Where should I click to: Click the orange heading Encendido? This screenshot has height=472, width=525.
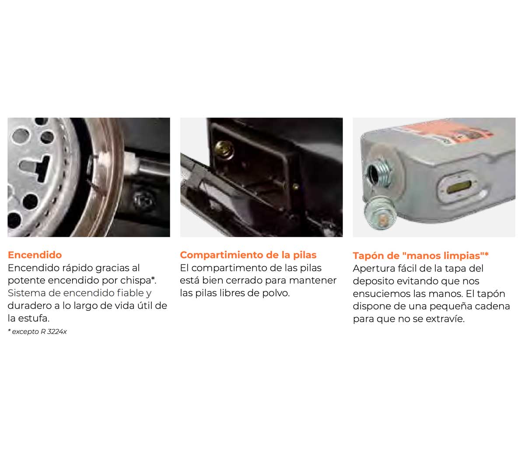click(35, 255)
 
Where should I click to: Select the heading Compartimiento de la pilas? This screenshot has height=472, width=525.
click(248, 255)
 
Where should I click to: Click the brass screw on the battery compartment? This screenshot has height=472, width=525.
click(224, 149)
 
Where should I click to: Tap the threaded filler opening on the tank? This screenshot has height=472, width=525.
click(378, 173)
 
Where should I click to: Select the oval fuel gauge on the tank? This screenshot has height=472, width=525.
click(459, 187)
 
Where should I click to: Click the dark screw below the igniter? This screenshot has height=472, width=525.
click(144, 200)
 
